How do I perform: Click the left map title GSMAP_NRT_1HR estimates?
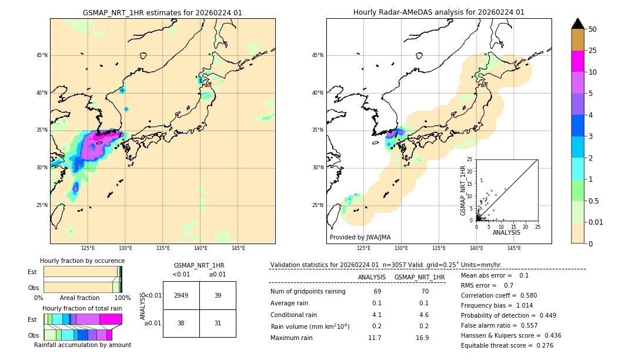click(x=162, y=12)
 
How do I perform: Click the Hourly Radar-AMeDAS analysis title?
click(x=439, y=12)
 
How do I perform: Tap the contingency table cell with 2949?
click(x=181, y=295)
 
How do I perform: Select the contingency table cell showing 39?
click(x=218, y=295)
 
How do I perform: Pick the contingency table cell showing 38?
click(x=181, y=323)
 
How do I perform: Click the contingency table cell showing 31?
click(x=218, y=323)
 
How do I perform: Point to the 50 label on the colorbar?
click(x=593, y=29)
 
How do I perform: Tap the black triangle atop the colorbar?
click(x=578, y=24)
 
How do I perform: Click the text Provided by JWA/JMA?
click(x=360, y=238)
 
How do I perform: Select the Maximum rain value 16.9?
click(x=422, y=338)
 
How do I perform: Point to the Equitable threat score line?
click(x=507, y=345)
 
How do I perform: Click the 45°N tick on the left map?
click(x=42, y=55)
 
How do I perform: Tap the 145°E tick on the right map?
click(x=514, y=248)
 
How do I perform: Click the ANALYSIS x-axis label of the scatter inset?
click(x=507, y=232)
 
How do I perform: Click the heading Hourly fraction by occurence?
click(x=82, y=261)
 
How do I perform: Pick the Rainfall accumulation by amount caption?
click(x=82, y=345)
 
